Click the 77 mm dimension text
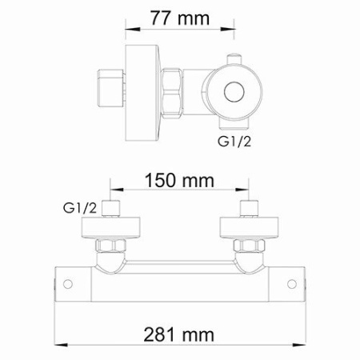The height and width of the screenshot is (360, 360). point(178,17)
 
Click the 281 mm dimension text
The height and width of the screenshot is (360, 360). point(179,334)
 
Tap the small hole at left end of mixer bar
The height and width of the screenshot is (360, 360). point(69,283)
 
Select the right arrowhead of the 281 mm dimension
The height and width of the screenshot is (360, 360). point(303,334)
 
